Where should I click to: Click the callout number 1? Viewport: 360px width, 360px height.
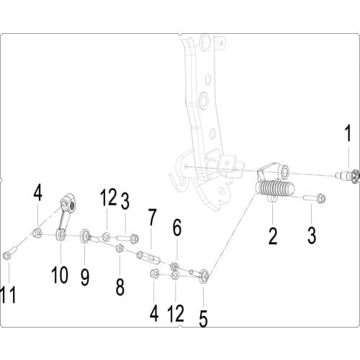(348, 134)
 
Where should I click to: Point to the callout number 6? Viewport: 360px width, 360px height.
(176, 230)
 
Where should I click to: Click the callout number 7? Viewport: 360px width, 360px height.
(152, 216)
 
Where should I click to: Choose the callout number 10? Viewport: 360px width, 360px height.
(60, 274)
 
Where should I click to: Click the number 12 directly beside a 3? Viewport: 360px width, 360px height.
(108, 197)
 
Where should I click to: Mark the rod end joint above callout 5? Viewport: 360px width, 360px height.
(205, 274)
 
